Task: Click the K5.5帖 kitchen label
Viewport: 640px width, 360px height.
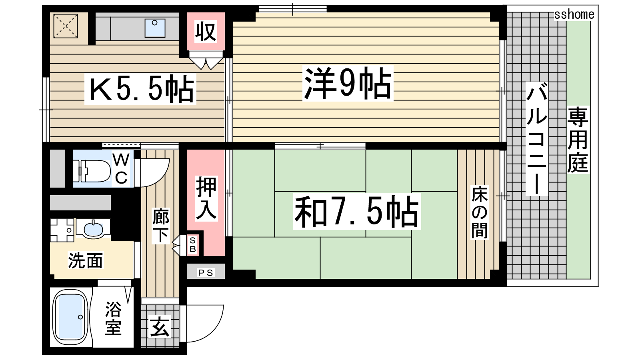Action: [140, 88]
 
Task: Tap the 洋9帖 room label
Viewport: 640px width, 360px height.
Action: [348, 83]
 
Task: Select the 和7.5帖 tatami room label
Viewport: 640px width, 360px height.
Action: [357, 211]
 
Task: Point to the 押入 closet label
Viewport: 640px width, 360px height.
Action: [206, 198]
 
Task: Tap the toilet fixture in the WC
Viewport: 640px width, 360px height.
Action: [92, 171]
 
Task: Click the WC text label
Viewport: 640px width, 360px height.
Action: [121, 169]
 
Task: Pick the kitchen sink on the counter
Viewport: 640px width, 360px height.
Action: [155, 28]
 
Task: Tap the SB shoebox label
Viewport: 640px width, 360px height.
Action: [193, 245]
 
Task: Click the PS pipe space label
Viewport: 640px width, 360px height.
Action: [206, 272]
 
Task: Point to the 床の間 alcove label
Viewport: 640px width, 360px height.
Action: [479, 212]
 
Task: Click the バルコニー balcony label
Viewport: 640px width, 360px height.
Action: [537, 138]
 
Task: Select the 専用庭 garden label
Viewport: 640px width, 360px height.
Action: [578, 140]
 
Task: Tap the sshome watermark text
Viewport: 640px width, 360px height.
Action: [574, 14]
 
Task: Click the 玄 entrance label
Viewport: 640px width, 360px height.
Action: [160, 327]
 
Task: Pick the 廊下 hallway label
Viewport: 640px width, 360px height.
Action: [160, 226]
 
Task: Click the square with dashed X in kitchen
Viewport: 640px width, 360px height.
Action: [66, 26]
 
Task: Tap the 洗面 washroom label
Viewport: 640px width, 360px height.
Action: [85, 260]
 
